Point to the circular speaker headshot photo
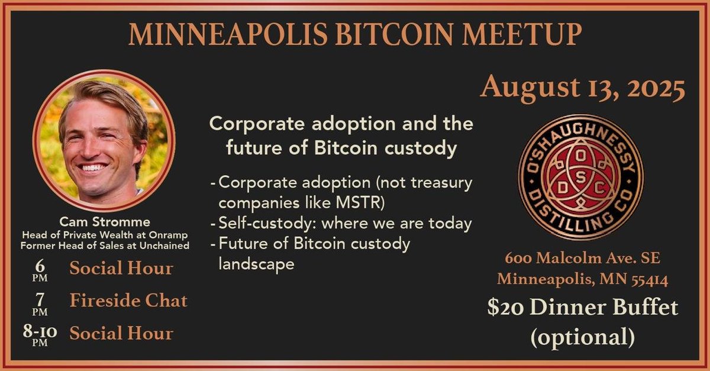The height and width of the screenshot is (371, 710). pyautogui.click(x=104, y=141)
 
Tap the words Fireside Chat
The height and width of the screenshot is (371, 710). pyautogui.click(x=128, y=301)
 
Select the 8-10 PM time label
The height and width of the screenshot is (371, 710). pyautogui.click(x=40, y=334)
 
